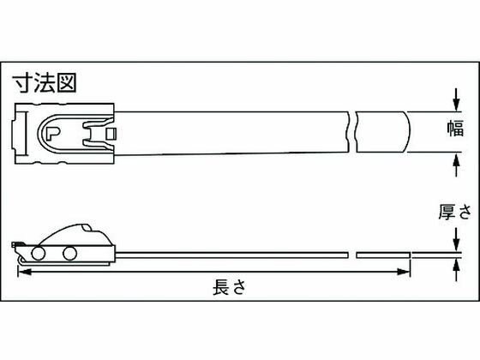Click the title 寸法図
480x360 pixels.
[x=45, y=82]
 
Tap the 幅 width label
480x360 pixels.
[x=456, y=129]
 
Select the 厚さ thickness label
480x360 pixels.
[x=455, y=212]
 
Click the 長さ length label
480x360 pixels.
[x=230, y=287]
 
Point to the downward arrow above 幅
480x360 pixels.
[x=456, y=99]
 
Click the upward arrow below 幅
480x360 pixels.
[x=456, y=165]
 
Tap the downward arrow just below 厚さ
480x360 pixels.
[x=456, y=239]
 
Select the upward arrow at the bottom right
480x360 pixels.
[x=456, y=270]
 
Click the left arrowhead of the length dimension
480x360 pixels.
[x=25, y=272]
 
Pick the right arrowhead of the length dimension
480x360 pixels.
[x=404, y=272]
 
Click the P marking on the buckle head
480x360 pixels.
[x=52, y=133]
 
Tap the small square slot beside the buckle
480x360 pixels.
[x=111, y=133]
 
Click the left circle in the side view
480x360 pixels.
[x=39, y=254]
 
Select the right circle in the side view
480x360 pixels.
[x=69, y=254]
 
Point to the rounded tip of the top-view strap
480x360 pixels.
[x=408, y=132]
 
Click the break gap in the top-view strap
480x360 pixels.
[x=352, y=132]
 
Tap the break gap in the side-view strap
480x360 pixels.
[x=352, y=255]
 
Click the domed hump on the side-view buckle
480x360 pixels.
[x=75, y=235]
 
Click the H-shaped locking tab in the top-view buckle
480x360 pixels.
[x=95, y=134]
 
